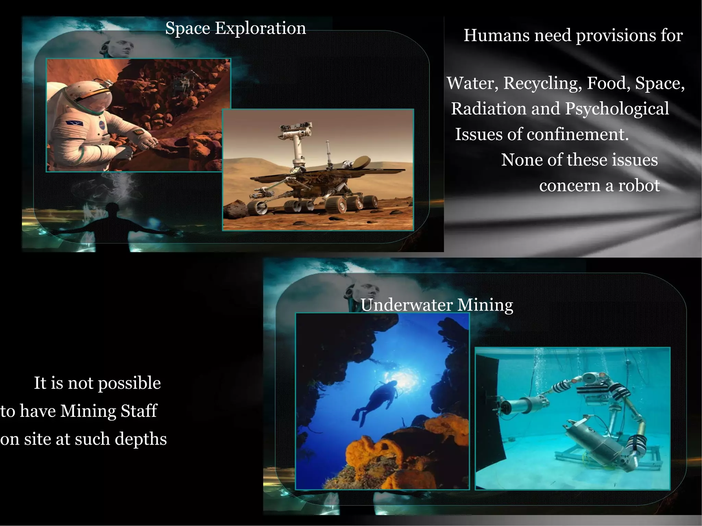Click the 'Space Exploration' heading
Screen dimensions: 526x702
(x=235, y=28)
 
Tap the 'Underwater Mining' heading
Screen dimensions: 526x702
(x=437, y=305)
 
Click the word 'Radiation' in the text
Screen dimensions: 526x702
(x=488, y=109)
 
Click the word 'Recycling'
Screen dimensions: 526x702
(x=543, y=83)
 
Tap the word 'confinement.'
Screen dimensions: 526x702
(x=578, y=134)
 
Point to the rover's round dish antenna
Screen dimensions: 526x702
(x=363, y=162)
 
